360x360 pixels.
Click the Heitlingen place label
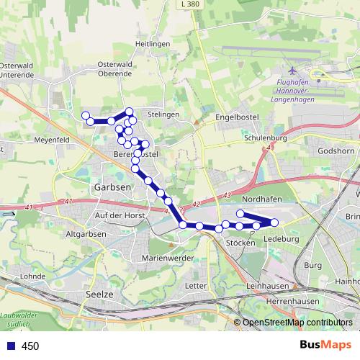pyautogui.click(x=151, y=45)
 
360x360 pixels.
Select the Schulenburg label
pyautogui.click(x=266, y=138)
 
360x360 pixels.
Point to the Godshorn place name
pyautogui.click(x=336, y=151)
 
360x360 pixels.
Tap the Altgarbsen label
pyautogui.click(x=86, y=234)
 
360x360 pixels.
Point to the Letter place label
pyautogui.click(x=196, y=286)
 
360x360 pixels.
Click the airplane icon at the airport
pyautogui.click(x=292, y=71)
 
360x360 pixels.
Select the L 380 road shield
pyautogui.click(x=189, y=4)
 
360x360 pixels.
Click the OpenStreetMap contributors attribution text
pyautogui.click(x=297, y=323)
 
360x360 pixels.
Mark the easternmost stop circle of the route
pyautogui.click(x=274, y=222)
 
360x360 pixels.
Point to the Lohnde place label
pyautogui.click(x=33, y=276)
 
